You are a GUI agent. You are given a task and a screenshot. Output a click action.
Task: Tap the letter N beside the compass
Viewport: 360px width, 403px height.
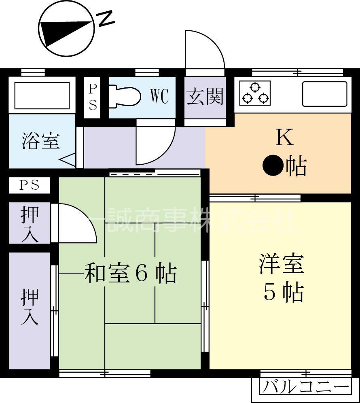pyautogui.click(x=106, y=18)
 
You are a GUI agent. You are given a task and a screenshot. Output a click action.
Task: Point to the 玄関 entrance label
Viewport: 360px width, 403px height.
pyautogui.click(x=205, y=97)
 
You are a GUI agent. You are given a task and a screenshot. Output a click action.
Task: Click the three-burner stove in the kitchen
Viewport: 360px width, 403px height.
pyautogui.click(x=255, y=93)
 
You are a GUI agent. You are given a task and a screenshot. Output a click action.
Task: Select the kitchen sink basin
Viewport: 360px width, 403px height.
pyautogui.click(x=325, y=94)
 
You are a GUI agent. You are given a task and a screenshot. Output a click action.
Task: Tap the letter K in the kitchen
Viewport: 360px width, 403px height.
pyautogui.click(x=284, y=138)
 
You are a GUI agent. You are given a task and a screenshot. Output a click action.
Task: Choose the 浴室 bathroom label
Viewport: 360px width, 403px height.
pyautogui.click(x=40, y=141)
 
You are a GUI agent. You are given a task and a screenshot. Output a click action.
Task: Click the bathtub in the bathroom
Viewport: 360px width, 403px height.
pyautogui.click(x=42, y=95)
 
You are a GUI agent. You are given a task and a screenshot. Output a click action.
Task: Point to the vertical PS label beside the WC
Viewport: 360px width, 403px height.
pyautogui.click(x=93, y=97)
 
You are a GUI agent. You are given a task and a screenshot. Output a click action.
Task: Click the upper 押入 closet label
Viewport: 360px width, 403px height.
pyautogui.click(x=30, y=224)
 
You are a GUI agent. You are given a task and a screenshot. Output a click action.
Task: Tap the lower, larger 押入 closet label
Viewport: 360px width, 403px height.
pyautogui.click(x=30, y=306)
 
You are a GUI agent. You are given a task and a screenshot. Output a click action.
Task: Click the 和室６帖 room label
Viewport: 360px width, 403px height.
pyautogui.click(x=130, y=274)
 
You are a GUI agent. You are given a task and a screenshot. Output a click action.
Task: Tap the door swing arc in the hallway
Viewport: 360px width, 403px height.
pyautogui.click(x=155, y=144)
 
